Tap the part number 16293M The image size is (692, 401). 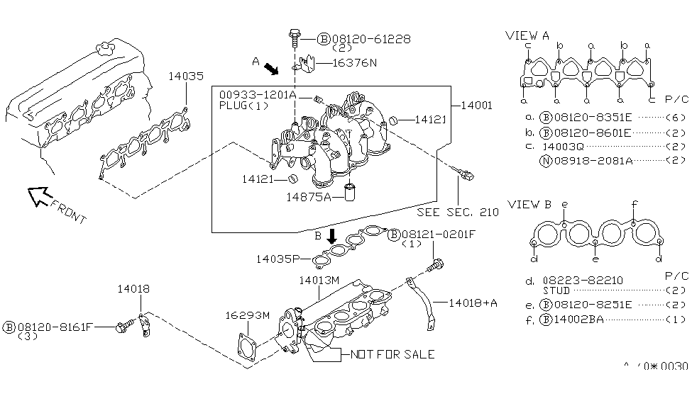(x=248, y=315)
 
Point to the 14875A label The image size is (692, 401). (x=308, y=196)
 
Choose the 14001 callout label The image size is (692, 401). (x=476, y=106)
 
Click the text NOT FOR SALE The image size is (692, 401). (x=390, y=354)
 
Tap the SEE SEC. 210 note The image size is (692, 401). (x=458, y=212)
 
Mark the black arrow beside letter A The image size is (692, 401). (x=271, y=69)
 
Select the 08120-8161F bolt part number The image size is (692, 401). (x=55, y=327)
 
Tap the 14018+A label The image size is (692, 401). (x=473, y=303)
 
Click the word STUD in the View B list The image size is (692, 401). (x=556, y=290)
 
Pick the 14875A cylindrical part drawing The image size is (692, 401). (x=349, y=192)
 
